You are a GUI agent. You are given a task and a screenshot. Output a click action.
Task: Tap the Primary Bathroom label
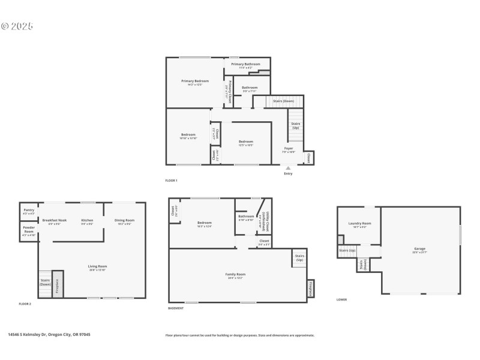pos(245,64)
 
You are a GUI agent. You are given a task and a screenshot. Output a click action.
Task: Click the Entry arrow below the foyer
pos(288,169)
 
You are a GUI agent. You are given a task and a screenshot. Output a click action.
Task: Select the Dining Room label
pos(124,220)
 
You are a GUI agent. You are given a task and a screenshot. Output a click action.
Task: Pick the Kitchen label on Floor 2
pos(87,220)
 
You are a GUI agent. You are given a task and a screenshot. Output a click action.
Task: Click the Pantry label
pos(29,210)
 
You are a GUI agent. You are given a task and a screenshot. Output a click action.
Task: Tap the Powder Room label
pos(29,230)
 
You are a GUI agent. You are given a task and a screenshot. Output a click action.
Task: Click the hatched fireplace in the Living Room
pos(58,283)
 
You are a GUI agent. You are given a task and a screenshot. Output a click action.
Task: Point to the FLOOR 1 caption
pos(172,180)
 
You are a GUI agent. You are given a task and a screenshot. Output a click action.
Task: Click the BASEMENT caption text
pos(176,308)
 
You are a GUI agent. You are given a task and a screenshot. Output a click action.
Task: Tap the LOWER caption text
pos(341,299)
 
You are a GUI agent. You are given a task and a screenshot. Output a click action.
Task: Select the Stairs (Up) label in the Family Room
pos(299,258)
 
